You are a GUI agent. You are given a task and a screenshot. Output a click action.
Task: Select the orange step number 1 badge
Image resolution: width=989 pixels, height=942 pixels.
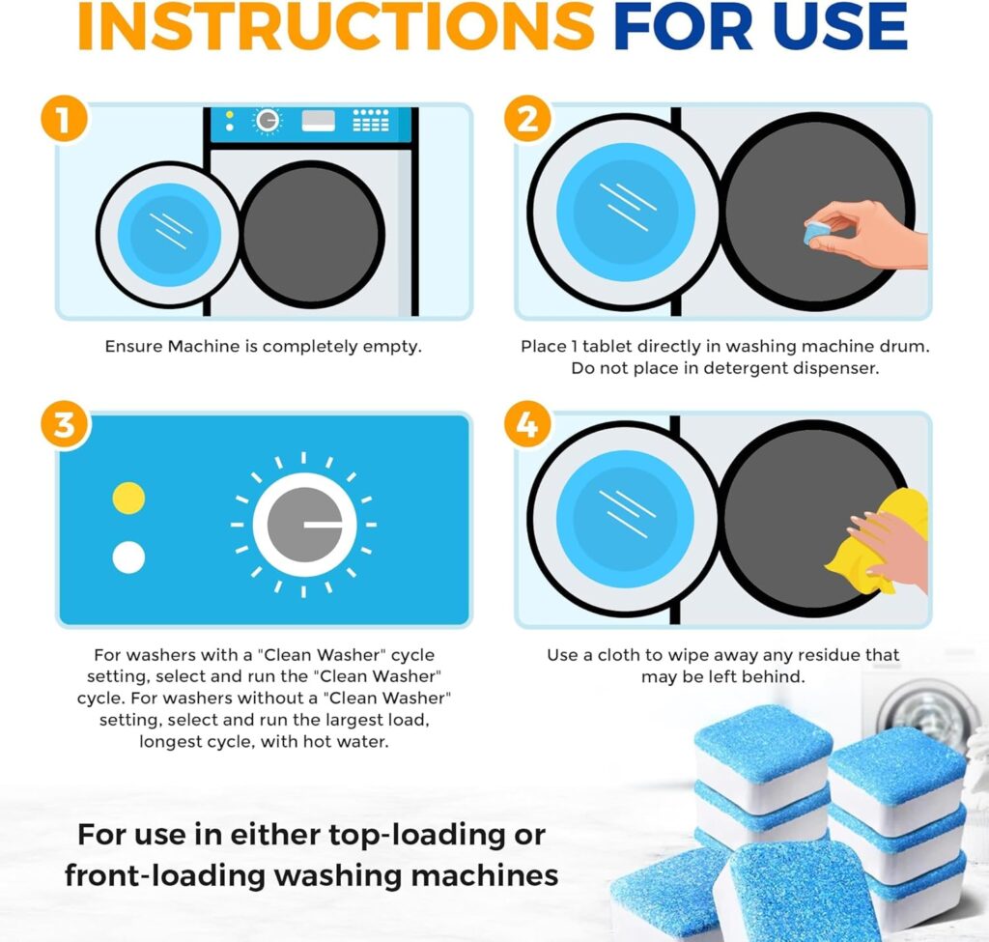point(65,121)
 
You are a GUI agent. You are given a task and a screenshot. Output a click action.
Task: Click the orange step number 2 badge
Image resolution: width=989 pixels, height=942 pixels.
point(526,121)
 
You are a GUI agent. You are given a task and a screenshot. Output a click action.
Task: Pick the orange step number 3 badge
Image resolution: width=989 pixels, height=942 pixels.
point(65,426)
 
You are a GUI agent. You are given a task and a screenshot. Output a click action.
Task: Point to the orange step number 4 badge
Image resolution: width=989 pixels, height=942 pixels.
point(526,426)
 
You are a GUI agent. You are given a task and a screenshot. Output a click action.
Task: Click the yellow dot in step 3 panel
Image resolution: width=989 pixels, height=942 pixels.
point(128,498)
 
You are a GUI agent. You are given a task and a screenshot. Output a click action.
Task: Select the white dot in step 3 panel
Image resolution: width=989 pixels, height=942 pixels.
point(128,557)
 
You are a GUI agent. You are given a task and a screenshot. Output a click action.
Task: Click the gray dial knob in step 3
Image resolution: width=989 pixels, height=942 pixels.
point(304,525)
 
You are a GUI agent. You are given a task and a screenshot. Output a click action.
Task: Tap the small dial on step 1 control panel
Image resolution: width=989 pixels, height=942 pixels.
point(267,121)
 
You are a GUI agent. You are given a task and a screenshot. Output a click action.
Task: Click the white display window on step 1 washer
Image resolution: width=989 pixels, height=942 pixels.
point(318,121)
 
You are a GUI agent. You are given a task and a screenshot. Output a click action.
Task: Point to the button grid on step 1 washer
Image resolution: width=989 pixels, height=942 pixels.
point(371,120)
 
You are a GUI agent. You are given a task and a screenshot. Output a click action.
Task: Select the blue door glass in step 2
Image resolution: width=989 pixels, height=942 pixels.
point(626,207)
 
